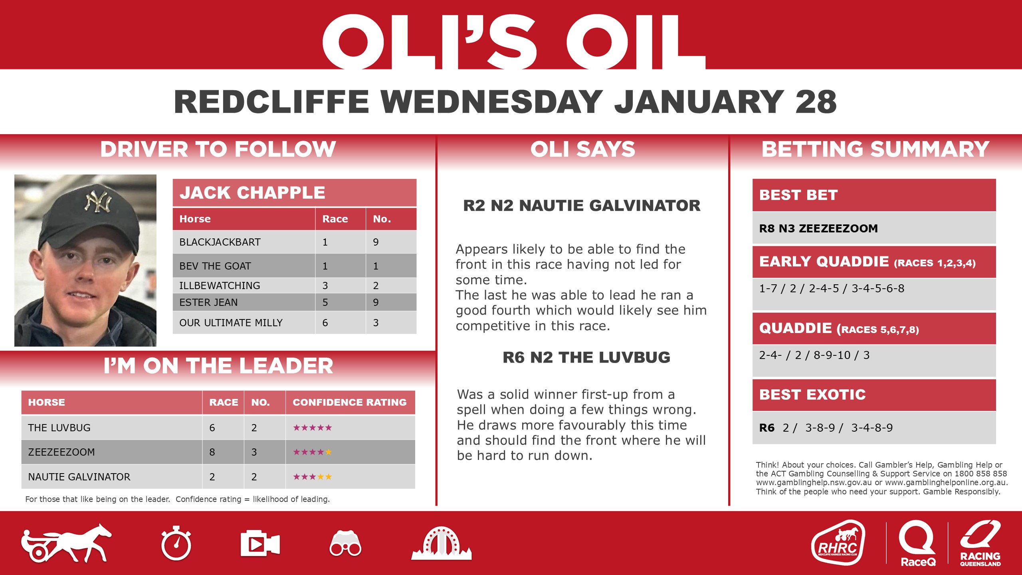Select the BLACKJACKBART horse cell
(x=220, y=242)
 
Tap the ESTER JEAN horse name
(x=208, y=302)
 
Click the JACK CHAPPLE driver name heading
(x=252, y=193)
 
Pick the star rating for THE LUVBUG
(x=312, y=428)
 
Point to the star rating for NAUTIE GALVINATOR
(x=312, y=477)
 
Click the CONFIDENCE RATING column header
(x=349, y=402)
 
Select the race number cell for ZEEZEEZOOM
(x=212, y=452)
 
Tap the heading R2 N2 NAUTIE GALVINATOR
(x=582, y=206)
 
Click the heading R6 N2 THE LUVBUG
(x=586, y=357)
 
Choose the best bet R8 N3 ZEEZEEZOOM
(x=818, y=228)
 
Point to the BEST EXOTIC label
(x=812, y=395)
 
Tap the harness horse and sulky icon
(x=66, y=543)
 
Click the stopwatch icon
(x=176, y=543)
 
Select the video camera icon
(x=260, y=543)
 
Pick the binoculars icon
(x=345, y=543)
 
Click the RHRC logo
(x=838, y=543)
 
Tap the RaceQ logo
(x=917, y=543)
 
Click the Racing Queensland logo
(x=980, y=543)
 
